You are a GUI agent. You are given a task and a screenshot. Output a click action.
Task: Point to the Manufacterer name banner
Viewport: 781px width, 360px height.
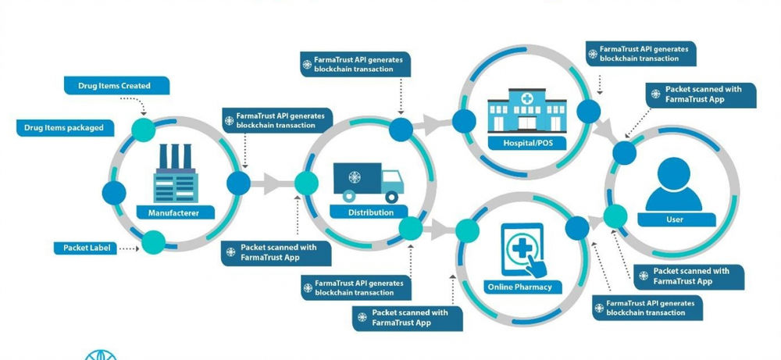click(173, 212)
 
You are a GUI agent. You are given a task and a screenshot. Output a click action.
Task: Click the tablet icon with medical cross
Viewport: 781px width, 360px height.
click(522, 249)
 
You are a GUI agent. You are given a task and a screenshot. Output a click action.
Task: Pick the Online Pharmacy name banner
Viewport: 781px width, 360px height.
click(521, 287)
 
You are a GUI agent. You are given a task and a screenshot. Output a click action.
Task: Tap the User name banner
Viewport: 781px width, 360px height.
click(674, 219)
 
